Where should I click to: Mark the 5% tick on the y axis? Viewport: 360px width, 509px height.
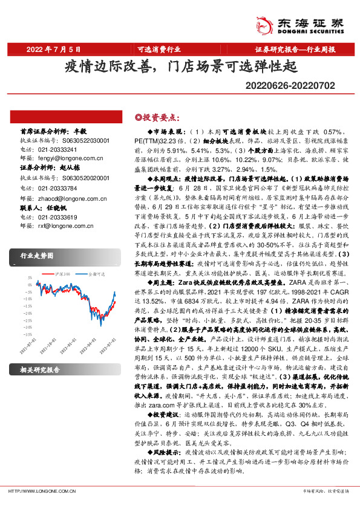pyautogui.click(x=28, y=278)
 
